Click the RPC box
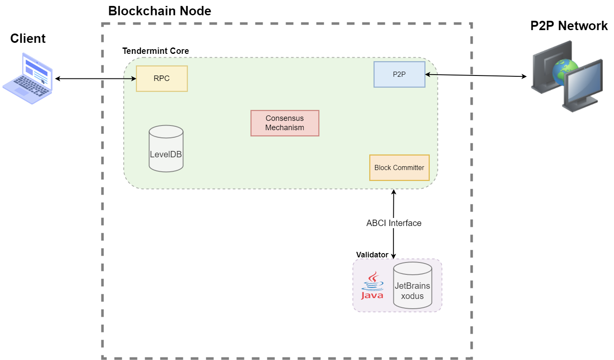pos(162,78)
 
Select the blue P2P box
pos(399,74)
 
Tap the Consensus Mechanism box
pos(285,123)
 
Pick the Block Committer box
pos(399,167)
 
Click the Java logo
pos(372,286)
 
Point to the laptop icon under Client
pos(28,78)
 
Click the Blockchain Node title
pos(160,11)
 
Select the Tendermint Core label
pos(156,51)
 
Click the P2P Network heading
pos(569,26)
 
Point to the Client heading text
pos(28,39)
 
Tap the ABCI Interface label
pos(394,223)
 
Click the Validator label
pos(372,255)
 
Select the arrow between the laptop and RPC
pos(95,78)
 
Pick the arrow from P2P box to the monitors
pos(475,75)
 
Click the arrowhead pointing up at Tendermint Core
pos(394,192)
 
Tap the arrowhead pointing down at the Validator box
pos(393,256)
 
